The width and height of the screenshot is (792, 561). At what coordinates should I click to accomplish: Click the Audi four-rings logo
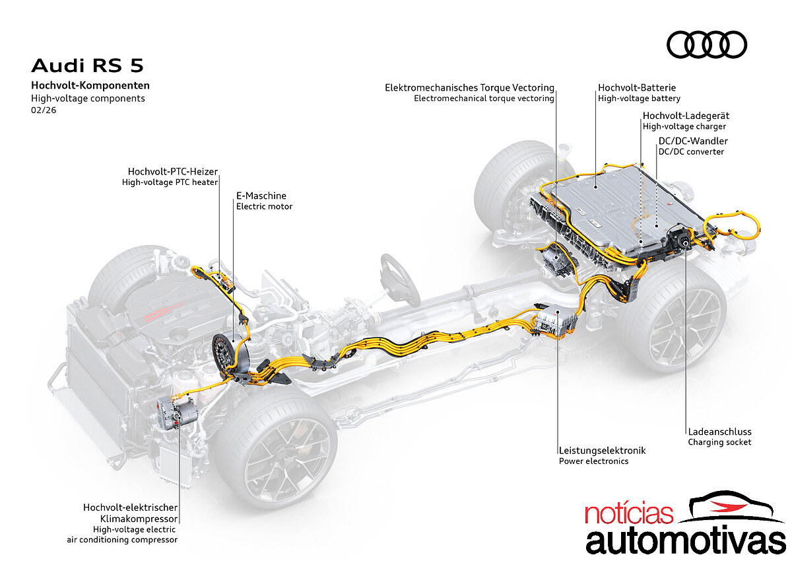pos(707,45)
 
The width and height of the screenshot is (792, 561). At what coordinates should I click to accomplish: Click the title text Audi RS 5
pos(87,65)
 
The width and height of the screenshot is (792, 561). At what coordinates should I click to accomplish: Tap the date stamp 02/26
pos(44,111)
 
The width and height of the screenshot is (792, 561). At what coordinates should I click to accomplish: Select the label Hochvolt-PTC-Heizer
pos(170,172)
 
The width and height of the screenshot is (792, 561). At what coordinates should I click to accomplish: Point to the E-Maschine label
pos(261,196)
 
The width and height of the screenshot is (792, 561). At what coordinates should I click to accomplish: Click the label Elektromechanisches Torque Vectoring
pos(469,87)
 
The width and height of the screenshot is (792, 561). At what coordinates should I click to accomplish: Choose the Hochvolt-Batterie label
pos(637,87)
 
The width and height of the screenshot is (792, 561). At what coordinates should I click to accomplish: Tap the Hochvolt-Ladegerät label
pos(686,116)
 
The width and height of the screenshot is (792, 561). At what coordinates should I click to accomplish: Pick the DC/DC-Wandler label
pos(693,141)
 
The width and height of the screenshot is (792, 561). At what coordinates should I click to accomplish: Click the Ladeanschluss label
pos(719,431)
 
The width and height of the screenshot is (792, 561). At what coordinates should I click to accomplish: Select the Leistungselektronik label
pos(602,450)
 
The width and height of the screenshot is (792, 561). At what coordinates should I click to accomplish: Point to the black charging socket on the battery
pos(679,242)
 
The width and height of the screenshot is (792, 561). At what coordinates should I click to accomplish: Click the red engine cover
pos(159,311)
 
